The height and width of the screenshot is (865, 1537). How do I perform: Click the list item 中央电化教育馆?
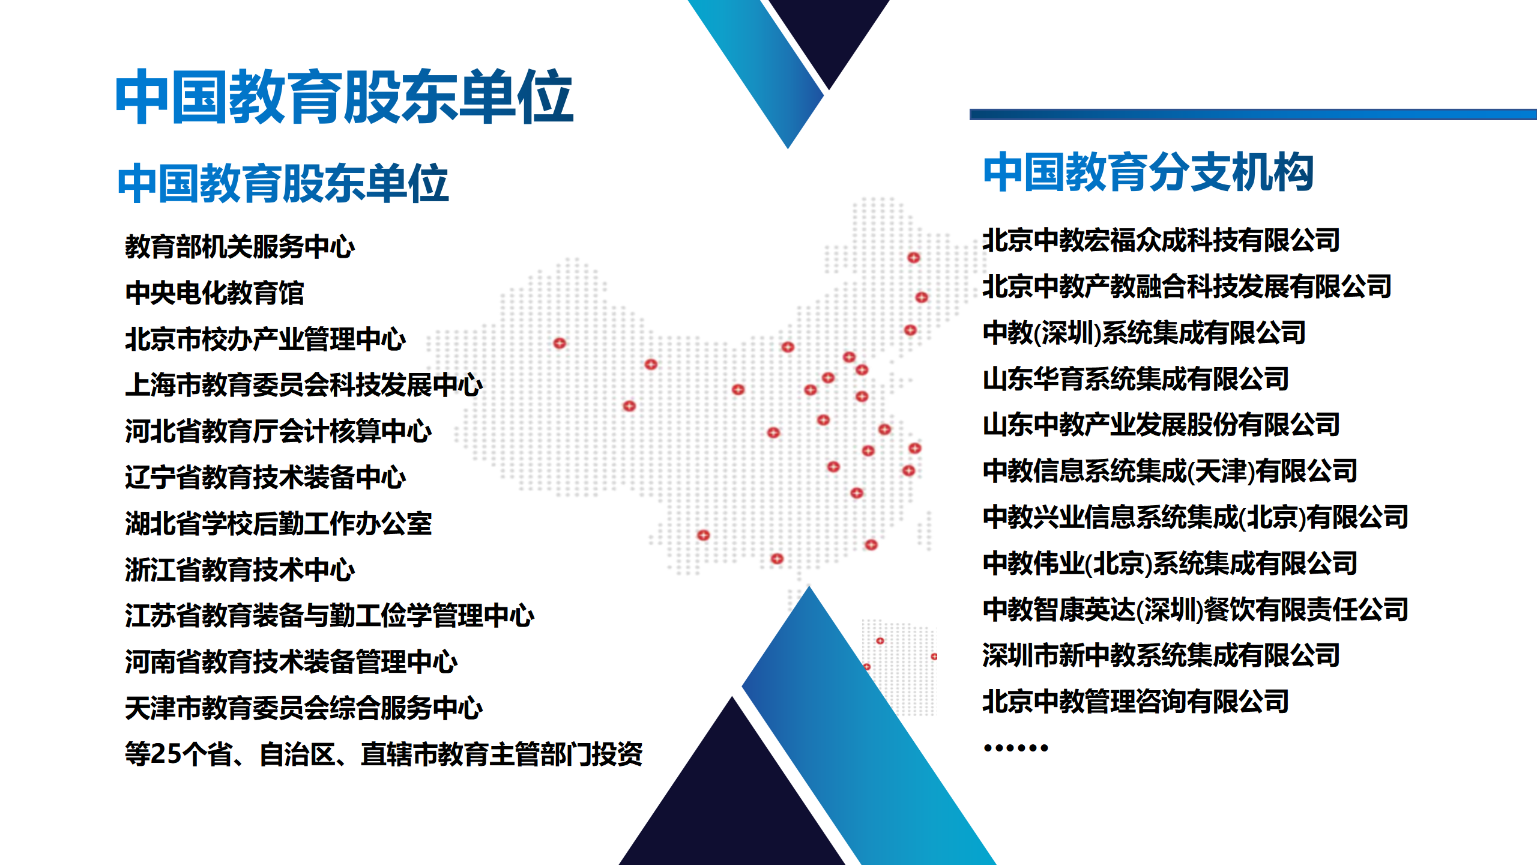[214, 293]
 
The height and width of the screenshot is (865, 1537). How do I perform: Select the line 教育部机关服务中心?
[240, 246]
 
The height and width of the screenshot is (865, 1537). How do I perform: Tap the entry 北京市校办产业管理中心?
[265, 339]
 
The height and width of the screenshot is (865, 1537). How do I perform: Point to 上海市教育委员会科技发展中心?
[304, 385]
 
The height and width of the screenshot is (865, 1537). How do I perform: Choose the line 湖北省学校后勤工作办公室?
[279, 523]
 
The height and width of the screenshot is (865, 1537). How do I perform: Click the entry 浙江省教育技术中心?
[240, 569]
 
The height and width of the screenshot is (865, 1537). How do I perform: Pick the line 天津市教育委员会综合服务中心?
[304, 708]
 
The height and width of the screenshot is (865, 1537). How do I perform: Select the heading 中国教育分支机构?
[1149, 172]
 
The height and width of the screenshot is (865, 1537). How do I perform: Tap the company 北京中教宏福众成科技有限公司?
[1161, 240]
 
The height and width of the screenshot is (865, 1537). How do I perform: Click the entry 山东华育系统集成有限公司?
[1136, 379]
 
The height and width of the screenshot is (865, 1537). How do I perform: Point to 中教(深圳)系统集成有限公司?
[1144, 333]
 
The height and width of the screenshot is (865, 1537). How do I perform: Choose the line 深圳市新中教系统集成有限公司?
[1161, 655]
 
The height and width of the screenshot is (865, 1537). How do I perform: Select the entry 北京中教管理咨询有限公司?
[1136, 702]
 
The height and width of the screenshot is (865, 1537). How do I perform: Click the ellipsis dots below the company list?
[1016, 748]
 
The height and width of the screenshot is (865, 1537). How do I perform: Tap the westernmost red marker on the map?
[560, 343]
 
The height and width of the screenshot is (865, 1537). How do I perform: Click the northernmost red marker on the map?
[914, 258]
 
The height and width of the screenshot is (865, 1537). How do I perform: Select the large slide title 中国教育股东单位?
[344, 96]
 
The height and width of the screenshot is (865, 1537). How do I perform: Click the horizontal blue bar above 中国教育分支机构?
[1253, 114]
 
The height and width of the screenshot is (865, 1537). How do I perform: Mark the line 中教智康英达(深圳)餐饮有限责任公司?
[1195, 610]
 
